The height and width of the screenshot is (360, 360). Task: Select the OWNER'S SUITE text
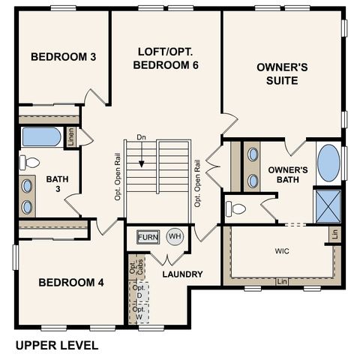point(283,73)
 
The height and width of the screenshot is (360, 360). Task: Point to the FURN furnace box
point(148,238)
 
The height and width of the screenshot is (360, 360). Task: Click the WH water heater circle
point(175,237)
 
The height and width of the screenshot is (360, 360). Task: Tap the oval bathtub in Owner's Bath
point(328,163)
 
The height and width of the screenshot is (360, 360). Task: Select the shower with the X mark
point(328,203)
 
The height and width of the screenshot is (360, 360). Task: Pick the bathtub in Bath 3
point(41,137)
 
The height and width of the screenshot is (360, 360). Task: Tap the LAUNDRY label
point(182,274)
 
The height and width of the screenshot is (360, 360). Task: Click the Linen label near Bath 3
point(70,137)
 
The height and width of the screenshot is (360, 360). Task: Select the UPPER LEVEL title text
point(57,346)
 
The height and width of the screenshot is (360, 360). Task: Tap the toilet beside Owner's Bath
point(236,209)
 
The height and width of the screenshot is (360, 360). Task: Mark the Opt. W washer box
point(139,313)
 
